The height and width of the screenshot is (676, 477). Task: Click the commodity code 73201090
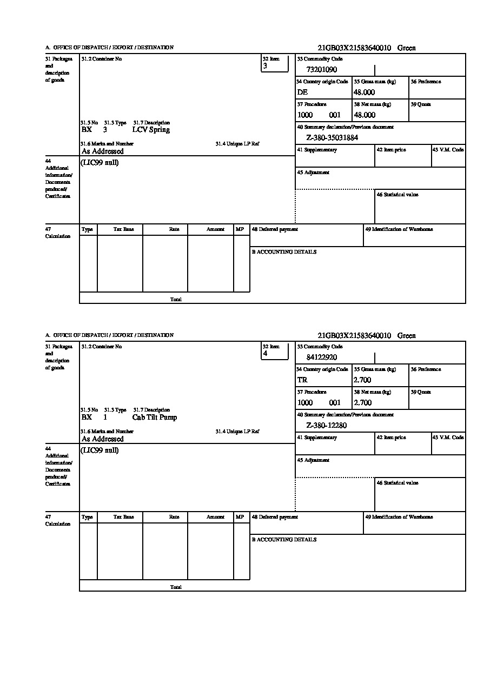(322, 70)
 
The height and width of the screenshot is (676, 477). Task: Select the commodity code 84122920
(322, 357)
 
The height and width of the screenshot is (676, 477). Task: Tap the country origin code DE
(302, 92)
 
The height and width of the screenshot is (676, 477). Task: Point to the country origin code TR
(302, 380)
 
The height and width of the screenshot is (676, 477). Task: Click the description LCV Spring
(151, 130)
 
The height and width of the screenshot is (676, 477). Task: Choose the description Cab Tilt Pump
(154, 417)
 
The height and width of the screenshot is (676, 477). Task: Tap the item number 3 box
(275, 63)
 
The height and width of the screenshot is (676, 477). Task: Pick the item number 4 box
(275, 351)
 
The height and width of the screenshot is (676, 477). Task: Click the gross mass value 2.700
(362, 380)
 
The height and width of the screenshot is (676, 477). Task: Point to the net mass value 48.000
(365, 115)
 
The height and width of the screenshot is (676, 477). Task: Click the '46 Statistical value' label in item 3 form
(398, 195)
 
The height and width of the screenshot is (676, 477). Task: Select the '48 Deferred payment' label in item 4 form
(275, 517)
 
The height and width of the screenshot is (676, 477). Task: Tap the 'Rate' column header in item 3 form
(174, 229)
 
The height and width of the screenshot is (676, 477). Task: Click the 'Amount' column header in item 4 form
(215, 517)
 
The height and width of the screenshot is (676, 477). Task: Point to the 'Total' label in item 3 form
(176, 300)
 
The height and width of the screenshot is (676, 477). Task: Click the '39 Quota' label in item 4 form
(421, 392)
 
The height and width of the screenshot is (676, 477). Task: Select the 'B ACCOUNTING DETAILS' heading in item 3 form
(284, 252)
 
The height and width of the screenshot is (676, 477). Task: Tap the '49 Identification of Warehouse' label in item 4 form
(399, 517)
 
